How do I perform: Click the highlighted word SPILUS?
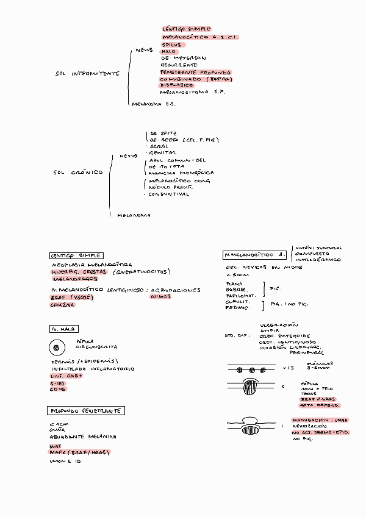click(x=171, y=45)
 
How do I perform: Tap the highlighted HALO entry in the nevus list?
click(x=168, y=52)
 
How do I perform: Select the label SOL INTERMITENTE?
click(x=87, y=74)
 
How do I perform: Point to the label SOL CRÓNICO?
click(x=78, y=173)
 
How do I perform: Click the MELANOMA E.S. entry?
click(x=153, y=104)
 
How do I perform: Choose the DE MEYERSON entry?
click(x=183, y=59)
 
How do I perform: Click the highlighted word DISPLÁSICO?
click(x=177, y=85)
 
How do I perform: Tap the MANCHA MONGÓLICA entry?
click(x=181, y=173)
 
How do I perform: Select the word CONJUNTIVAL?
click(x=169, y=194)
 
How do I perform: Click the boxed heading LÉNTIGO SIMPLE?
click(x=76, y=255)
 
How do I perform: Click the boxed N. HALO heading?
click(x=63, y=329)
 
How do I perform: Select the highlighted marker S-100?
click(x=59, y=383)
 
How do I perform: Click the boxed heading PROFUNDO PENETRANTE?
click(x=86, y=411)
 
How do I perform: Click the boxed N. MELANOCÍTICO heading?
click(x=255, y=254)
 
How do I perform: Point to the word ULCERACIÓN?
click(x=279, y=326)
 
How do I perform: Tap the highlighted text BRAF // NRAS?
click(x=316, y=399)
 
